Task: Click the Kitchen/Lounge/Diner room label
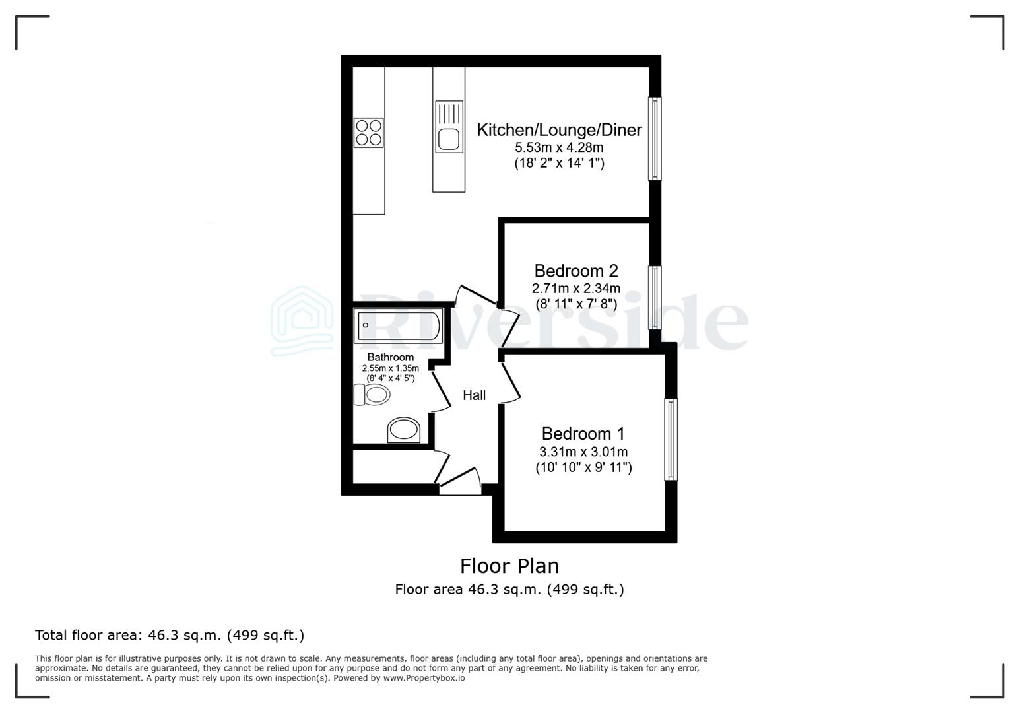pos(559,130)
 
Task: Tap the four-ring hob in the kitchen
pos(368,132)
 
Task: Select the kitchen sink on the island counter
pos(449,139)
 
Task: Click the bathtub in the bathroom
pos(399,325)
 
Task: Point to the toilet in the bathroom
pos(373,395)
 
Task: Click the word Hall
pos(474,395)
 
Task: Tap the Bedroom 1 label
pos(583,434)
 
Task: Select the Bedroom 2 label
pos(575,271)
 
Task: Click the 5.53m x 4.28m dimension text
pos(559,147)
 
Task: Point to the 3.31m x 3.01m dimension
pos(583,452)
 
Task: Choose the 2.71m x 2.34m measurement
pos(575,289)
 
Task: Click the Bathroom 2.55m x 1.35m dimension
pos(390,368)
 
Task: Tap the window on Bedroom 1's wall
pos(671,439)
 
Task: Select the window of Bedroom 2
pos(654,297)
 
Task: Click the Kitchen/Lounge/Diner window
pos(654,139)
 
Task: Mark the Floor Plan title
pos(509,566)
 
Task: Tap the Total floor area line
pos(170,635)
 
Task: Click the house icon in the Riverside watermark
pos(303,320)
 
